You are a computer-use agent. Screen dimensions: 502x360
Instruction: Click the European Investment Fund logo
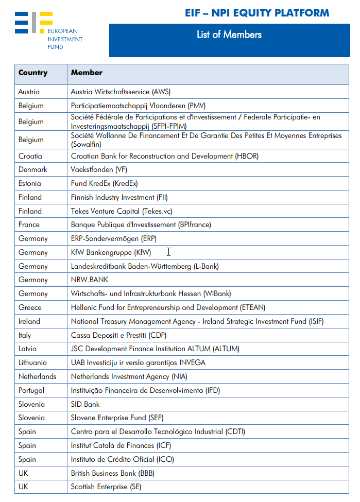(48, 30)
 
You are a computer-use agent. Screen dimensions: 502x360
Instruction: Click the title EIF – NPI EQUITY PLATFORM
(256, 13)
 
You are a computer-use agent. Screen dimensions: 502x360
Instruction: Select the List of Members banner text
(229, 35)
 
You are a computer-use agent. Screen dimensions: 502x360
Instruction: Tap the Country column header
(33, 73)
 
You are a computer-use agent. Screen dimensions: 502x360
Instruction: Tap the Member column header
(87, 73)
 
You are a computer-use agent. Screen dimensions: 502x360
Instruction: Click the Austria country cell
(29, 92)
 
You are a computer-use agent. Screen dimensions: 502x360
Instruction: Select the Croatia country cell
(30, 156)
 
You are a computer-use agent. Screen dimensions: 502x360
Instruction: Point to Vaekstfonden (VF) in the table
(98, 169)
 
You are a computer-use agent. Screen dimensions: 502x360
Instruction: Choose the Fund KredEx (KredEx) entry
(104, 183)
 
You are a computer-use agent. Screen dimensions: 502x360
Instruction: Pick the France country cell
(29, 225)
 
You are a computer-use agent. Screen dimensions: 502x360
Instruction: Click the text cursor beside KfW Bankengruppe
(168, 252)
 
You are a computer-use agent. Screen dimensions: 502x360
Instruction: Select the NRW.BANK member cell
(90, 280)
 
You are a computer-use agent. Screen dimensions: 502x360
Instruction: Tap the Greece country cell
(30, 307)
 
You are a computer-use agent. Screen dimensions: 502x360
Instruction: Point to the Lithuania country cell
(32, 362)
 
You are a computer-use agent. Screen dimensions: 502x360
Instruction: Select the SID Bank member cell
(85, 404)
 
